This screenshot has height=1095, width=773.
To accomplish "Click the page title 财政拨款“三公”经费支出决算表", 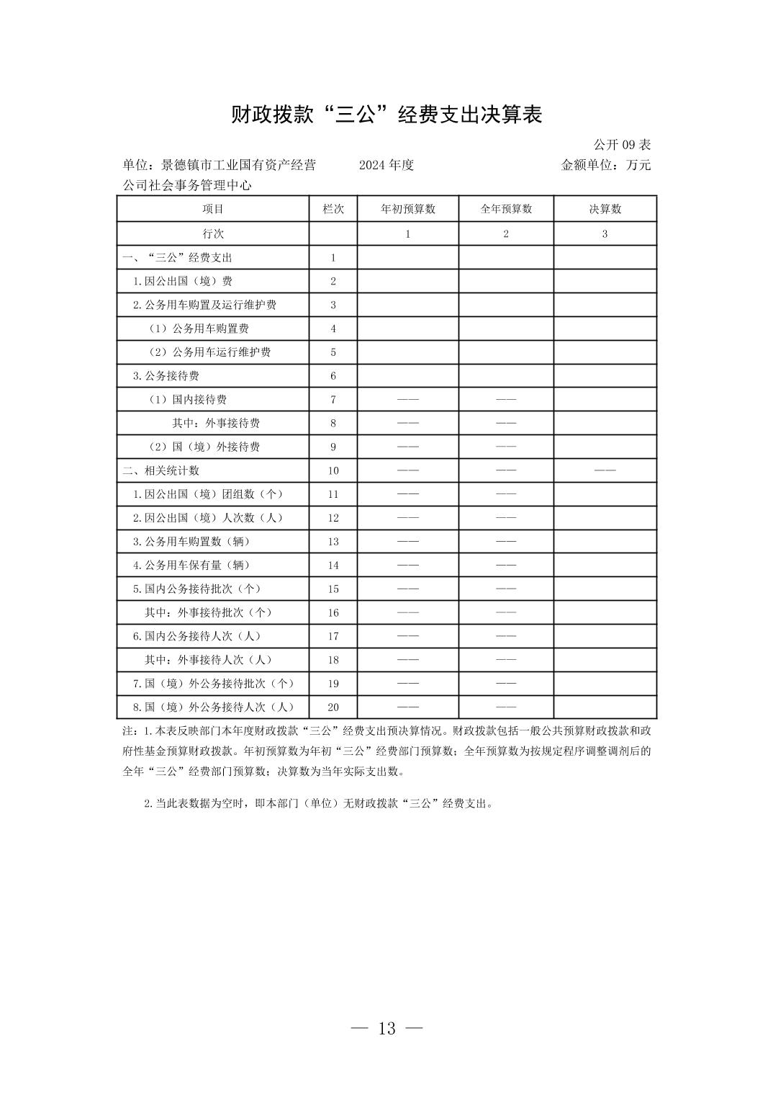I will pyautogui.click(x=386, y=115).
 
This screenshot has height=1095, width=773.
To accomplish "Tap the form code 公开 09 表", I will pyautogui.click(x=622, y=145).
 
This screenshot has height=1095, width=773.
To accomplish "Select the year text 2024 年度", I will pyautogui.click(x=386, y=165).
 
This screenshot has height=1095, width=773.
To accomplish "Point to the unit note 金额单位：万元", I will pyautogui.click(x=605, y=165).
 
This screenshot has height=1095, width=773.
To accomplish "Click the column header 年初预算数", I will pyautogui.click(x=407, y=209).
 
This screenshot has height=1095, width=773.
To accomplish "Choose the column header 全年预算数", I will pyautogui.click(x=506, y=209).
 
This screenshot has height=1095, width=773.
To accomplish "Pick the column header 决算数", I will pyautogui.click(x=605, y=209).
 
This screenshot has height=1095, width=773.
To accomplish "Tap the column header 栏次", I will pyautogui.click(x=333, y=209).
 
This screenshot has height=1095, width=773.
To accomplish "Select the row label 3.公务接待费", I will pyautogui.click(x=166, y=375).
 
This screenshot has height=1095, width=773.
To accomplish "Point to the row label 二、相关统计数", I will pyautogui.click(x=161, y=470).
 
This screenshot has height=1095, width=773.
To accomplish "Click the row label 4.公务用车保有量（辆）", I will pyautogui.click(x=191, y=565).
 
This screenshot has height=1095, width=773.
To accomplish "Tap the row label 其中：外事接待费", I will pyautogui.click(x=216, y=423).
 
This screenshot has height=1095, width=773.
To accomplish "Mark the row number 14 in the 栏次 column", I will pyautogui.click(x=333, y=566).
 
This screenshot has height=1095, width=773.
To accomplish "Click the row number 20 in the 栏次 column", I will pyautogui.click(x=333, y=707).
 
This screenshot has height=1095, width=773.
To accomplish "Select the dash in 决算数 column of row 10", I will pyautogui.click(x=605, y=470).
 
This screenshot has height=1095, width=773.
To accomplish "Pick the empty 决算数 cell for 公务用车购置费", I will pyautogui.click(x=605, y=328).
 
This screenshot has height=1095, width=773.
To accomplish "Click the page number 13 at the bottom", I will pyautogui.click(x=386, y=1028).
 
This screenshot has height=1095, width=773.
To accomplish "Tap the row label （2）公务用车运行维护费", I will pyautogui.click(x=209, y=352).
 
